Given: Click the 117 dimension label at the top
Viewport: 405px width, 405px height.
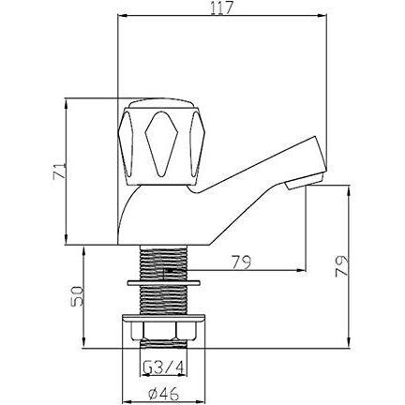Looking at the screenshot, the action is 222,8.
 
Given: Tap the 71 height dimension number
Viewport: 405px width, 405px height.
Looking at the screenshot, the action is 60,171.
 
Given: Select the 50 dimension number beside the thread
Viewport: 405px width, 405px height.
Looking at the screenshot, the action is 77,295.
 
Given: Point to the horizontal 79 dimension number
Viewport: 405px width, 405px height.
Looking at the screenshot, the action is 241,262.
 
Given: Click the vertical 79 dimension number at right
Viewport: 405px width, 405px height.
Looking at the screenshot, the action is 341,266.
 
